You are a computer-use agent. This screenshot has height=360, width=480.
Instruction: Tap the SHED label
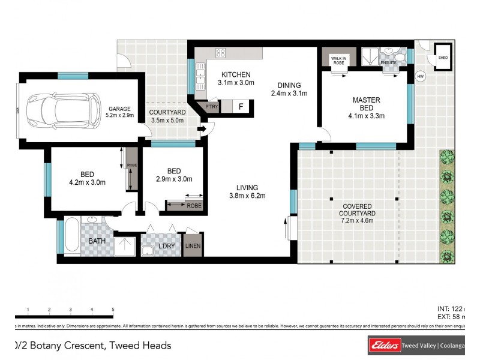[443, 58]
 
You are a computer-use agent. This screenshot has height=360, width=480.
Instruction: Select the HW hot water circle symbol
[421, 77]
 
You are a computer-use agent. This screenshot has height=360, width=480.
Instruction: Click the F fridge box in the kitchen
[241, 107]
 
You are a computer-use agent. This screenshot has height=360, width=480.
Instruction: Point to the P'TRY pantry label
[212, 107]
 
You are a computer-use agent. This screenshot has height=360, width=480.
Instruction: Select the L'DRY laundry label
[166, 247]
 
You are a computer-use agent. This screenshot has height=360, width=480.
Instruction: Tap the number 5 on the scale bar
[113, 310]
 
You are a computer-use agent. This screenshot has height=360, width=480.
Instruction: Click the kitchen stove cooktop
[220, 52]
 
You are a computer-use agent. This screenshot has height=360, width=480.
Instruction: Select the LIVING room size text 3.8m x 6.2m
[247, 195]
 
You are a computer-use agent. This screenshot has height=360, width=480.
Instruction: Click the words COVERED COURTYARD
[357, 209]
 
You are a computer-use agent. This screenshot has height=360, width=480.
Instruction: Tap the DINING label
[289, 85]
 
